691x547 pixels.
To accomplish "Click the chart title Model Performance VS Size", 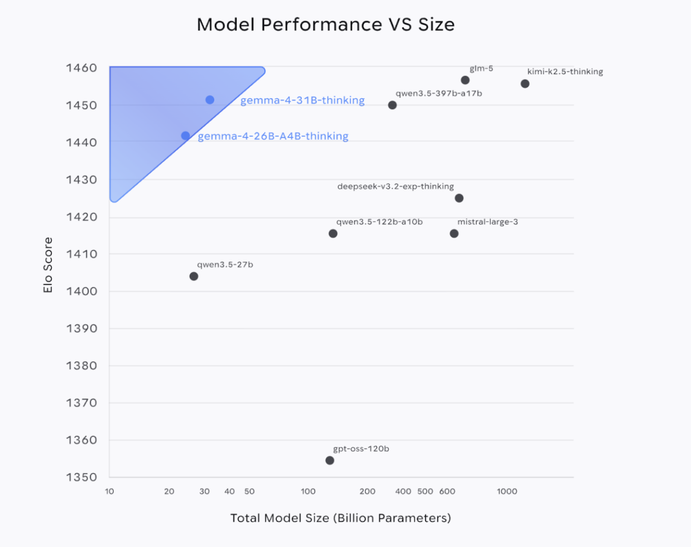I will (x=325, y=25).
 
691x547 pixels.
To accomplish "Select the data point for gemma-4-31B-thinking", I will (x=209, y=100).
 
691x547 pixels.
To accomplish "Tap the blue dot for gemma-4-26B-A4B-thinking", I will (x=185, y=136).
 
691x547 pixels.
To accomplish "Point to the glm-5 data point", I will (x=465, y=80).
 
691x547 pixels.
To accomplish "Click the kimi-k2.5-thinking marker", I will (x=524, y=84).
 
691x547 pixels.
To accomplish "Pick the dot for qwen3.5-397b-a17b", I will (x=392, y=105).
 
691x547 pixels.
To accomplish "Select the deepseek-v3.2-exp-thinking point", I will (x=459, y=198).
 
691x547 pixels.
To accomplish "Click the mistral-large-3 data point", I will (x=454, y=233).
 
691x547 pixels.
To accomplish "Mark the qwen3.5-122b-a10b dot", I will (x=333, y=233).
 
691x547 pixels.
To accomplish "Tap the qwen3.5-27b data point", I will (x=194, y=276).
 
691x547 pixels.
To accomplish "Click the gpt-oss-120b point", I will (x=330, y=460).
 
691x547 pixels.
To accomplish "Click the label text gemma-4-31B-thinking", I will (x=302, y=101).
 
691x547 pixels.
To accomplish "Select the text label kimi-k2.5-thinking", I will (x=565, y=72).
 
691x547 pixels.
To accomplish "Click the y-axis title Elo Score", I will (x=48, y=265).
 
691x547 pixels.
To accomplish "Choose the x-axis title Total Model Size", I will (x=340, y=518).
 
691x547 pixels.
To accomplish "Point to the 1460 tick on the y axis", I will (x=81, y=68).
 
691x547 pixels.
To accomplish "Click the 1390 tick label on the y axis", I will (x=81, y=329).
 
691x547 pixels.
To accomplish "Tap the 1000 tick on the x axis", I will (x=507, y=492).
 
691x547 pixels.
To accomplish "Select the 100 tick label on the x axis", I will (x=308, y=492).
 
